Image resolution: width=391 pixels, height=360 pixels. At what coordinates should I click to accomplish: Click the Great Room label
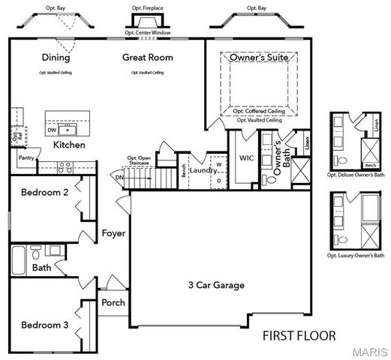(x=148, y=58)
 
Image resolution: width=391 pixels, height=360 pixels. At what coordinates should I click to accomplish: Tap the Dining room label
(x=56, y=58)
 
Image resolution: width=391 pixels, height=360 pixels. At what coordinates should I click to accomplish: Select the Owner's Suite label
(x=259, y=58)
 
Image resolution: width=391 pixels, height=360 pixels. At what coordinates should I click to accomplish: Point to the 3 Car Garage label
(x=215, y=285)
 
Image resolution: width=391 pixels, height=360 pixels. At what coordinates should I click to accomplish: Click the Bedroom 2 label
(x=45, y=193)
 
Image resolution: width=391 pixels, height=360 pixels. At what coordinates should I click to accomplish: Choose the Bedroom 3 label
(x=45, y=325)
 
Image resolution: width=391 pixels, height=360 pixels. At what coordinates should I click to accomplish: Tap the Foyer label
(x=113, y=233)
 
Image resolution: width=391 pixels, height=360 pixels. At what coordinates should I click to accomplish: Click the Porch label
(x=113, y=303)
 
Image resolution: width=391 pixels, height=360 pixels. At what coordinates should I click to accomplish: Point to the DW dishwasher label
(x=52, y=130)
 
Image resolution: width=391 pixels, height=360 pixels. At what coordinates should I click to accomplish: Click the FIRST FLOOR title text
(x=299, y=336)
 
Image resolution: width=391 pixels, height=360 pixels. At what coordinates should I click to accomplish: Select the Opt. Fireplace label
(x=147, y=8)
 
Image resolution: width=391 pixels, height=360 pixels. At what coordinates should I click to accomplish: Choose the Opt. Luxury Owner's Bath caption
(x=356, y=256)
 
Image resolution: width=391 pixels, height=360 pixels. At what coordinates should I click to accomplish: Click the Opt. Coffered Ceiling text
(x=259, y=112)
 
